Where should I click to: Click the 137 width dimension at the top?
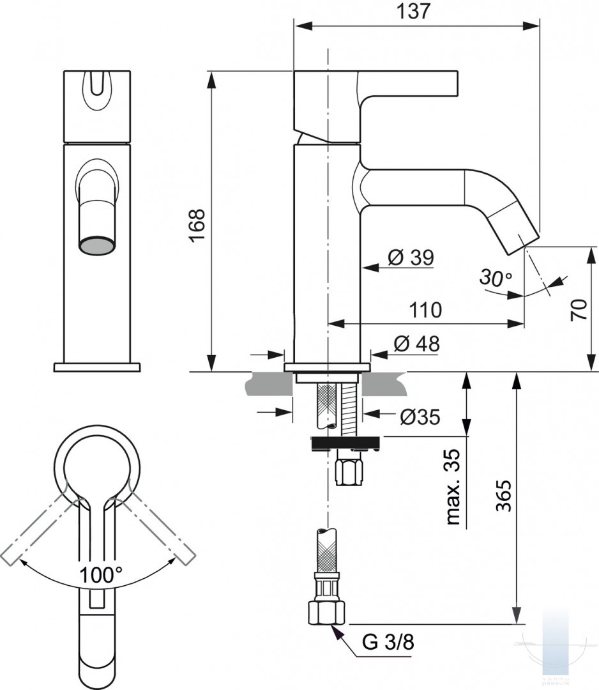413,11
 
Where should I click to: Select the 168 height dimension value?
197,225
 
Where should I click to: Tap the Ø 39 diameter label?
411,257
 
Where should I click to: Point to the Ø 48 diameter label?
416,344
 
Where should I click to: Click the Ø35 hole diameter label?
420,417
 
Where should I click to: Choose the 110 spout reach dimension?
425,310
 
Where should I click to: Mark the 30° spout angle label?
496,278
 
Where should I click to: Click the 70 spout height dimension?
579,309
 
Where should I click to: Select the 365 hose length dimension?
504,496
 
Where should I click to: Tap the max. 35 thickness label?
453,487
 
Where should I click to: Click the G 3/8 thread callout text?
388,643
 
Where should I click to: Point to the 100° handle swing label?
101,575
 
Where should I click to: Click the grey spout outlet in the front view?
97,245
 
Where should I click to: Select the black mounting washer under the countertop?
346,443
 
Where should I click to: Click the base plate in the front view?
97,367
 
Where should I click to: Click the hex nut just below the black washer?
351,471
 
